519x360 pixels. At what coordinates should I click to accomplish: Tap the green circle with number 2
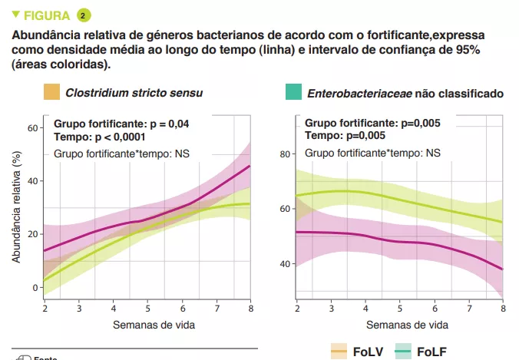coord(84,15)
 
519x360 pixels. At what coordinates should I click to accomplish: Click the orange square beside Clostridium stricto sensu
coord(51,93)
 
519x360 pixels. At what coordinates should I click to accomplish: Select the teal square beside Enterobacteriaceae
coord(293,93)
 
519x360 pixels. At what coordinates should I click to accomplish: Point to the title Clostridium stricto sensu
coord(134,94)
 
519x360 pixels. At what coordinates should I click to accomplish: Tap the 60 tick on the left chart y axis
coord(33,127)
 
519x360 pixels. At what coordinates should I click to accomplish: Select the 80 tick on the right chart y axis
coord(284,154)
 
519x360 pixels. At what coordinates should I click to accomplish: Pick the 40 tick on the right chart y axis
coord(284,264)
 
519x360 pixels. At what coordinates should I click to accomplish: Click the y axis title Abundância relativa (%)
coord(15,207)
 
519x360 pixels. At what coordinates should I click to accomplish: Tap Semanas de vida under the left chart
coord(154,324)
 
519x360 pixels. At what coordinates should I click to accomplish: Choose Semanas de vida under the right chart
coord(399,324)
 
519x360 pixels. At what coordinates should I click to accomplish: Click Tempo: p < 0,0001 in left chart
coord(100,137)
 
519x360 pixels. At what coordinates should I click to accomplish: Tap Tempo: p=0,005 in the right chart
coord(345,135)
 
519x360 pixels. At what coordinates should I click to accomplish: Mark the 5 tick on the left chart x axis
coord(148,309)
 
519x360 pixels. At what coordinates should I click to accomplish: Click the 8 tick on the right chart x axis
coord(503,309)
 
